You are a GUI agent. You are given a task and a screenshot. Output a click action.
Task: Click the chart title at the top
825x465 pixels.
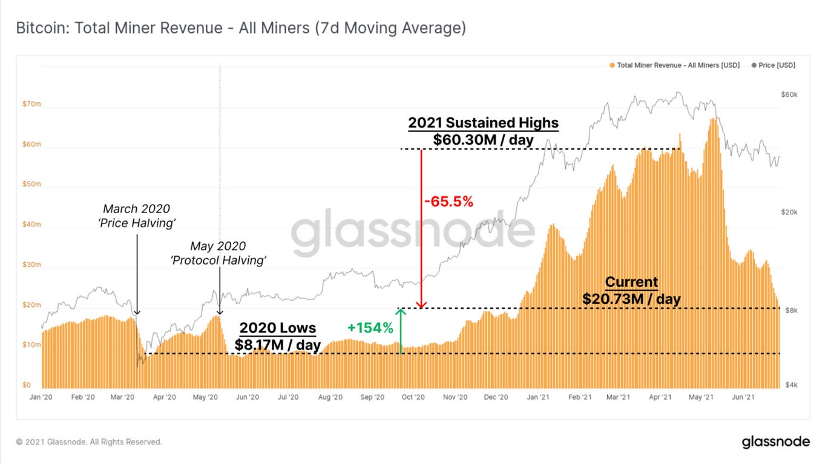(x=240, y=28)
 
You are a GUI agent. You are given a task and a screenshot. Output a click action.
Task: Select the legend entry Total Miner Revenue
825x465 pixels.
(x=675, y=65)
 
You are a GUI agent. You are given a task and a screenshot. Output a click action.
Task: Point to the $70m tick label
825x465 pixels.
(x=31, y=104)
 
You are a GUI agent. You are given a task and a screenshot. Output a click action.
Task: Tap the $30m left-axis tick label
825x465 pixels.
(x=31, y=265)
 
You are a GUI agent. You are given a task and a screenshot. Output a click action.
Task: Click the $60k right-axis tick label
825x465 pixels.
(x=789, y=95)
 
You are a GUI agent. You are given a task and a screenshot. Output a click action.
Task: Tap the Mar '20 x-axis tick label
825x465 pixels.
(x=123, y=398)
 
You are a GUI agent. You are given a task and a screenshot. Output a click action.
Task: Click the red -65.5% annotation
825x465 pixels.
(x=448, y=202)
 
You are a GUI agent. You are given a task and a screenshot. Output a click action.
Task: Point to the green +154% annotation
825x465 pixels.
(x=370, y=328)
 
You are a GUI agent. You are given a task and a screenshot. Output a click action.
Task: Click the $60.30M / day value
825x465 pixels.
(x=483, y=140)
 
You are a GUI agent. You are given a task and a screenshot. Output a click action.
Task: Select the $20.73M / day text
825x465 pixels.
(x=631, y=298)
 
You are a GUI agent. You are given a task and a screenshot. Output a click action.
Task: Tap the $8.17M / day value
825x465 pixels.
(x=278, y=345)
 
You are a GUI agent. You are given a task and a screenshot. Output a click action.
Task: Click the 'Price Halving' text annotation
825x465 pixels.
(x=137, y=223)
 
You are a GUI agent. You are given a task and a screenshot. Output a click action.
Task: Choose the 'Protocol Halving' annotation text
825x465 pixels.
(x=219, y=260)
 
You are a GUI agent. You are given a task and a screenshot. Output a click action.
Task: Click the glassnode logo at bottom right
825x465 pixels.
(x=775, y=442)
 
